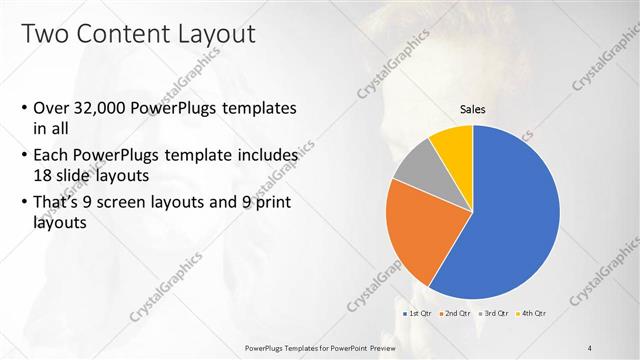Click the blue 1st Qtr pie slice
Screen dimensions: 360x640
click(x=510, y=220)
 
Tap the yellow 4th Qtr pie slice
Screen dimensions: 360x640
click(x=453, y=146)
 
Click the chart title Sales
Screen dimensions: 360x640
click(x=473, y=110)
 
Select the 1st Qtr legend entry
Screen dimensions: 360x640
click(x=417, y=314)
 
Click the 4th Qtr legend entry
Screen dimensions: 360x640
click(x=532, y=314)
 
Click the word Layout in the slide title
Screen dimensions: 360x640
click(x=214, y=33)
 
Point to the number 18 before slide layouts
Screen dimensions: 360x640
click(x=43, y=174)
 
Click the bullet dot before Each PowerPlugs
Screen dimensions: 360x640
click(x=23, y=157)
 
